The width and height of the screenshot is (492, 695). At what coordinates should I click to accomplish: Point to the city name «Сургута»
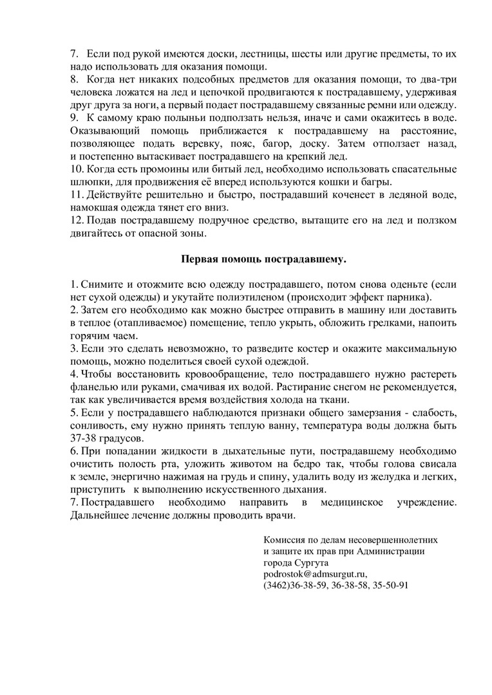311,562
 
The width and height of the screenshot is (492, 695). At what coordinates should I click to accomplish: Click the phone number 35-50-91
390,586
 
